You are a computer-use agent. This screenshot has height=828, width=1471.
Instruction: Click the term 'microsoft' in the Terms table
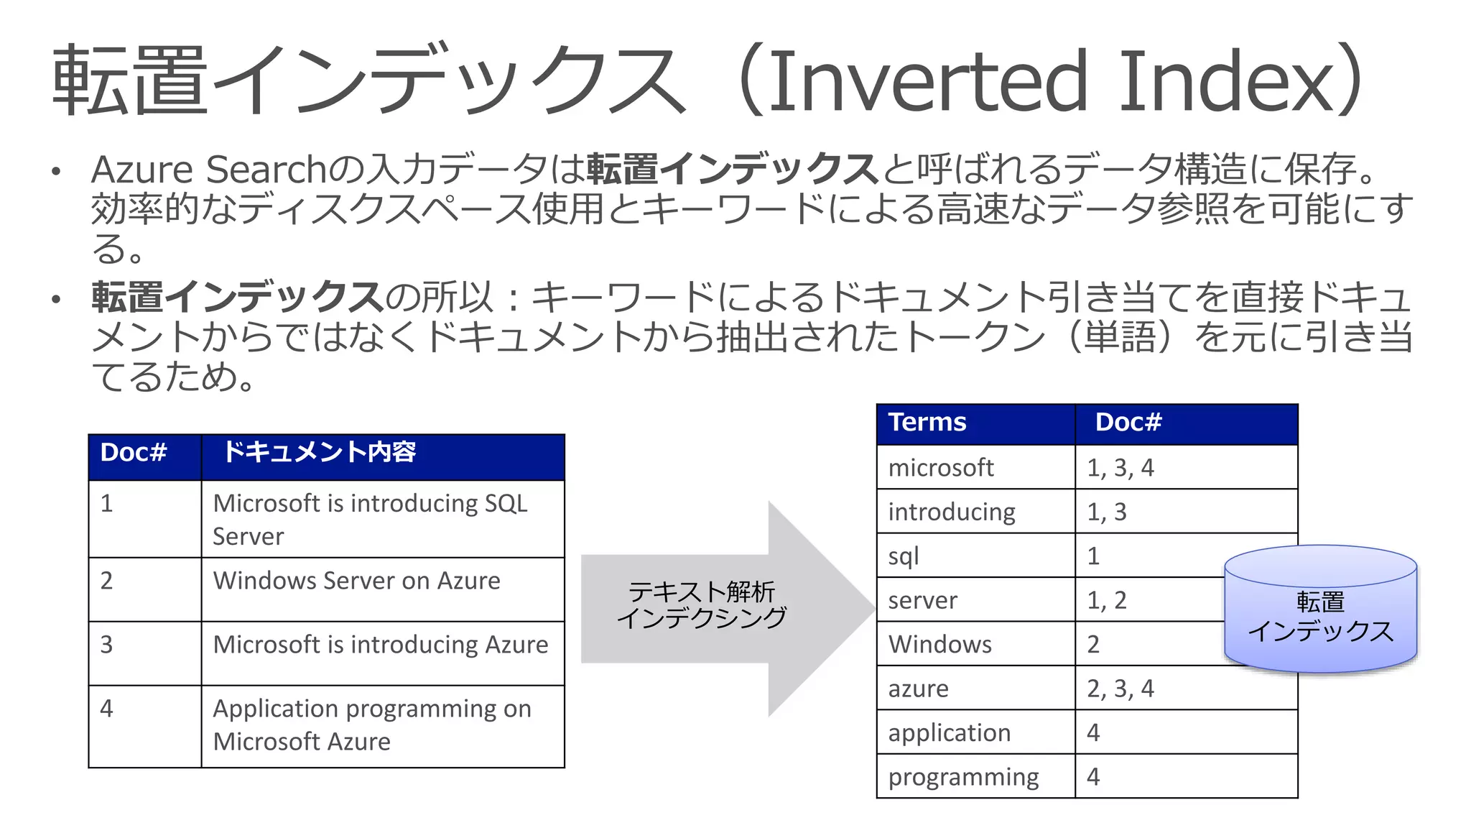940,468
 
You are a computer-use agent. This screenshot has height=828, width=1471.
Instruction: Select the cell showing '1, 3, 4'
1120,468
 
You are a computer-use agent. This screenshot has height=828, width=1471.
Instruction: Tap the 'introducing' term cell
951,512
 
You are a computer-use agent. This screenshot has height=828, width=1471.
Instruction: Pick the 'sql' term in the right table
904,556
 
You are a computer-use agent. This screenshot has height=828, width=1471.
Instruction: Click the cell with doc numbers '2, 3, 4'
1120,689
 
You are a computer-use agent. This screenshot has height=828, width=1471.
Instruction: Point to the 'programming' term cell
963,777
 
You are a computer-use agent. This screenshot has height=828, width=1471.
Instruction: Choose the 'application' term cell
949,733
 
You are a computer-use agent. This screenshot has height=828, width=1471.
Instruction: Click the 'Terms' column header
927,423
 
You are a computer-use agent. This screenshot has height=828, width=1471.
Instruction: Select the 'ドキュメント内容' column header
319,453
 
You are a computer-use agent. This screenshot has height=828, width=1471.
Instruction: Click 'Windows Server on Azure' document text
356,581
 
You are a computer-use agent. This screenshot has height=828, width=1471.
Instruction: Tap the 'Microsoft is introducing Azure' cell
380,645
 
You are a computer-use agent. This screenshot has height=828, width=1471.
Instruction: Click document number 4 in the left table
107,709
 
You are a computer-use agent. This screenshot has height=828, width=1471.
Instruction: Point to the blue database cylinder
1320,611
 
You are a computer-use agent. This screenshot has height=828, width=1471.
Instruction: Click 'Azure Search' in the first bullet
208,170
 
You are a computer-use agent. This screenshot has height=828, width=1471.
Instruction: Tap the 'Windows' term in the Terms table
939,645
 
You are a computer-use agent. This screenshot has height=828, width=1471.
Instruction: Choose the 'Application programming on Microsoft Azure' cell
371,724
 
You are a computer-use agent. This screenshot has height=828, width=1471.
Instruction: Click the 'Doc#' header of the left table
134,453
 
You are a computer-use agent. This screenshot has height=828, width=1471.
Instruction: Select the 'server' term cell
922,600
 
